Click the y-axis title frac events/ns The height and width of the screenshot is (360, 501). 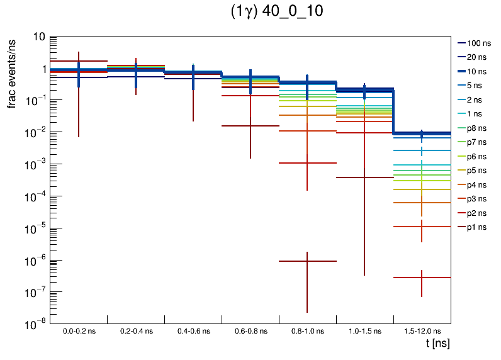coord(12,72)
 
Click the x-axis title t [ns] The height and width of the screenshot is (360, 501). coord(437,344)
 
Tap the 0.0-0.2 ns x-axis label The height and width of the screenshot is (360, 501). coord(79,331)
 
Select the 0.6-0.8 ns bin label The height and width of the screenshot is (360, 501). coord(250,331)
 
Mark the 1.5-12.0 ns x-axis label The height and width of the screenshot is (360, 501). coord(422,331)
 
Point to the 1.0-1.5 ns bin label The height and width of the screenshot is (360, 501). coord(364,331)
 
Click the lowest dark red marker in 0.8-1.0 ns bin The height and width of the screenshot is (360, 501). coord(307,261)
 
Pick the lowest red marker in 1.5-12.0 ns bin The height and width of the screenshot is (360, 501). coord(422,278)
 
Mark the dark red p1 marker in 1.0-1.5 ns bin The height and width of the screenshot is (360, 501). coord(364,177)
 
